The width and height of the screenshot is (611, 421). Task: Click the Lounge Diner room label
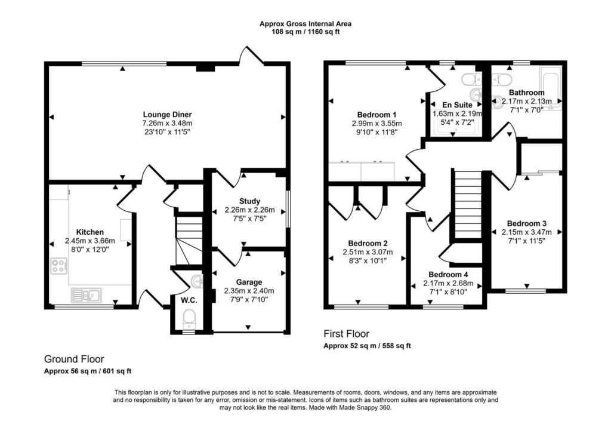pyautogui.click(x=167, y=115)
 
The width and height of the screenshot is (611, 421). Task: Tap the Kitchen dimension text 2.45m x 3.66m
pyautogui.click(x=90, y=241)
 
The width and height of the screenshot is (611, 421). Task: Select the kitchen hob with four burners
pyautogui.click(x=59, y=266)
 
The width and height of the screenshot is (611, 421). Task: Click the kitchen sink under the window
pyautogui.click(x=86, y=295)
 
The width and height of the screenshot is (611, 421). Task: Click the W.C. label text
pyautogui.click(x=189, y=300)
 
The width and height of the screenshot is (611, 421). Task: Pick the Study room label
pyautogui.click(x=249, y=201)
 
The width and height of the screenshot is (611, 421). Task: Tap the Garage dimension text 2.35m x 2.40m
pyautogui.click(x=249, y=291)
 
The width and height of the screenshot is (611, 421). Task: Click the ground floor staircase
pyautogui.click(x=189, y=241)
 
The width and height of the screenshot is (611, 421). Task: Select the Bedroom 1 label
pyautogui.click(x=377, y=115)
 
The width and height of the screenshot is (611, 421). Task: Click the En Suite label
pyautogui.click(x=457, y=105)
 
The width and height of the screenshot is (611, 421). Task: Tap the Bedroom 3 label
pyautogui.click(x=526, y=223)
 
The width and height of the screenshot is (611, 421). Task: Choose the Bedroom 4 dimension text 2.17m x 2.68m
pyautogui.click(x=448, y=284)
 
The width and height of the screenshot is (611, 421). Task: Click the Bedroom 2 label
pyautogui.click(x=368, y=243)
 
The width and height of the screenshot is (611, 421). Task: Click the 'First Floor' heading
pyautogui.click(x=347, y=334)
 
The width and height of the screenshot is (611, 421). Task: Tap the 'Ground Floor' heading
pyautogui.click(x=74, y=359)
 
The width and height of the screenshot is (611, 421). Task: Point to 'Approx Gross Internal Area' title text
pyautogui.click(x=305, y=24)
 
